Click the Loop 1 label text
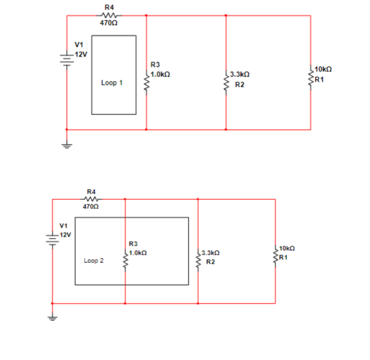point(112,83)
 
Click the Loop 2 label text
point(94,261)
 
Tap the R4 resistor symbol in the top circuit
point(108,15)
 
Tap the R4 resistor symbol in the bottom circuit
point(91,199)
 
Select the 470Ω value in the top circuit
point(108,23)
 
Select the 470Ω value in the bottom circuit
point(91,207)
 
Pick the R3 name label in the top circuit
point(154,65)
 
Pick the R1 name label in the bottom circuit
point(283,257)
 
